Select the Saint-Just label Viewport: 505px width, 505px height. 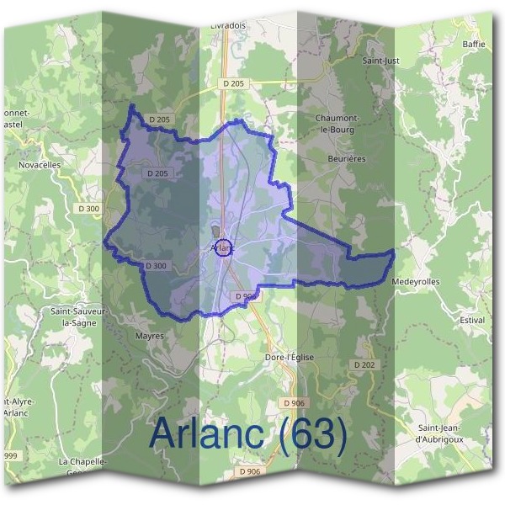click(380, 61)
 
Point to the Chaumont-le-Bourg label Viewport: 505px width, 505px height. click(336, 124)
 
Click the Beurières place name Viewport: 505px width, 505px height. click(346, 157)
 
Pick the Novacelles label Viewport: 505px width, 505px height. click(40, 165)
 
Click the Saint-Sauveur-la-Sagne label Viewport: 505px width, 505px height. click(80, 316)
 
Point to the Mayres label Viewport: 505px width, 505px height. click(149, 335)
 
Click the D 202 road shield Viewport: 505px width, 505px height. click(364, 364)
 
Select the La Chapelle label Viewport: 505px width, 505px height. click(82, 462)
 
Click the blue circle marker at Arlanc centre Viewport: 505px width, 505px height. click(224, 248)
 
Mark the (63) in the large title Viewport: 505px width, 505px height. click(304, 433)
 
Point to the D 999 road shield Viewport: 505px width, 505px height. click(10, 454)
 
